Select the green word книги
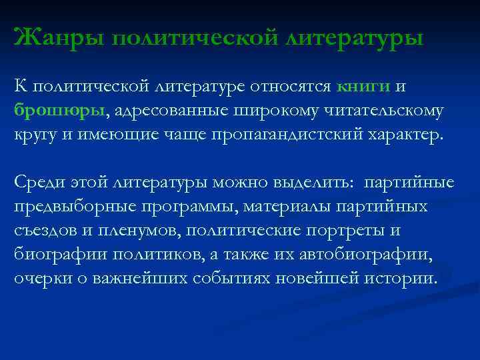pos(363,87)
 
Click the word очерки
pos(37,277)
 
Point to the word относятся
pos(286,87)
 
